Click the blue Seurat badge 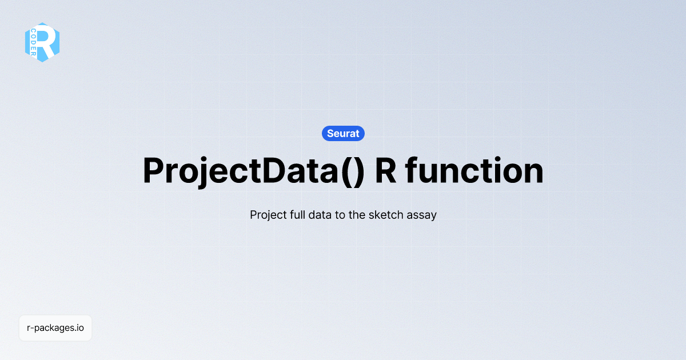pyautogui.click(x=343, y=134)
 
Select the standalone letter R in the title pyautogui.click(x=386, y=170)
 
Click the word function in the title pyautogui.click(x=474, y=170)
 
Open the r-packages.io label pyautogui.click(x=55, y=328)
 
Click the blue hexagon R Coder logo pyautogui.click(x=42, y=42)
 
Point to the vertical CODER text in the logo pyautogui.click(x=33, y=42)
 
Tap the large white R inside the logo pyautogui.click(x=49, y=41)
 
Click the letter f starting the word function pyautogui.click(x=412, y=170)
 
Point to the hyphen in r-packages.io pyautogui.click(x=32, y=329)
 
